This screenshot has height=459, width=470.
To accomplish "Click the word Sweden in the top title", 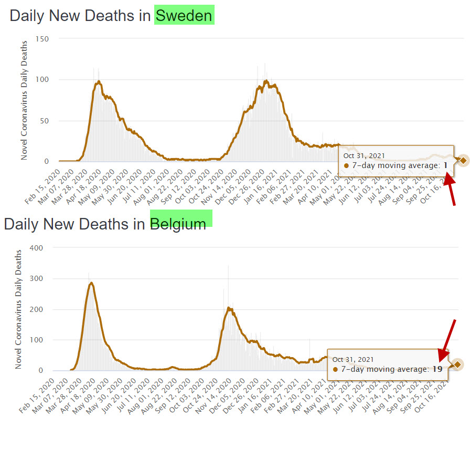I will click(x=184, y=15).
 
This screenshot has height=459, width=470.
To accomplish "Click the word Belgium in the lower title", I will click(x=178, y=224).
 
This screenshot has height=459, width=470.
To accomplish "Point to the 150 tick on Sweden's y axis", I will click(x=42, y=39).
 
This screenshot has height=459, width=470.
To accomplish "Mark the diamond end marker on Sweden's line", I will click(x=462, y=160).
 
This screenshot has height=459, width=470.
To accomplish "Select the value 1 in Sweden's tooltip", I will click(x=445, y=165).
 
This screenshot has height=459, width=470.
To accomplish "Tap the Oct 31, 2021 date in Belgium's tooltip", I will click(x=352, y=359).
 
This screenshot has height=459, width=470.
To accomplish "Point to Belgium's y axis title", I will click(x=19, y=309).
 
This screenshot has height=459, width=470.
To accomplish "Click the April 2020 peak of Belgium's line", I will click(x=91, y=283).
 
